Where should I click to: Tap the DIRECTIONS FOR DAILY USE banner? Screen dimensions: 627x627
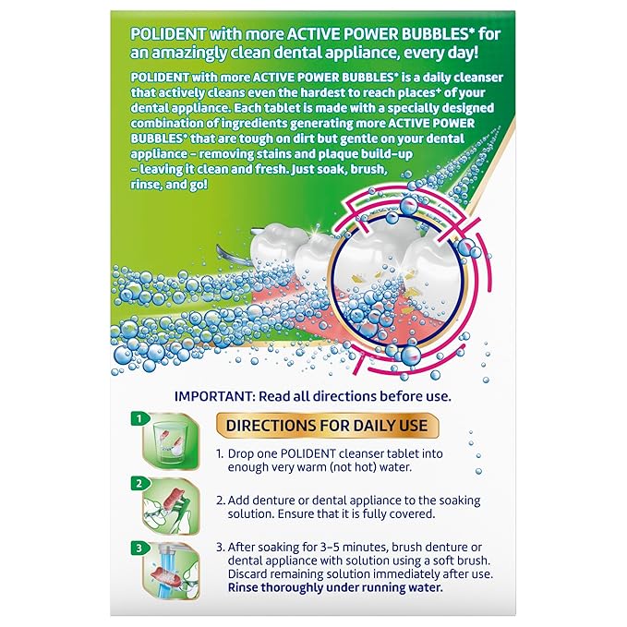click(322, 426)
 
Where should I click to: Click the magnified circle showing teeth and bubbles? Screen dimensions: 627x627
click(405, 276)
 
